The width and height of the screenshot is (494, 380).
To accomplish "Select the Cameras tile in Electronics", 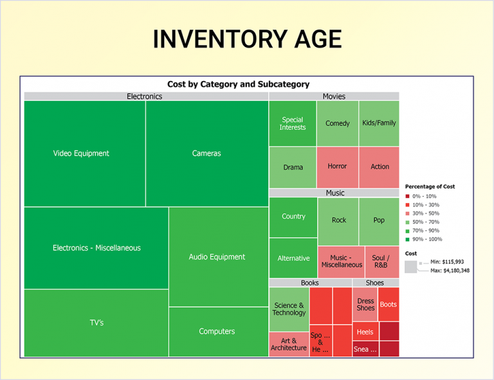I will point(206,154).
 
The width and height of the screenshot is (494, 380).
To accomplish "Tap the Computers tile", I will point(218,331).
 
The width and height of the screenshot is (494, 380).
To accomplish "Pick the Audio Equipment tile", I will point(218,257).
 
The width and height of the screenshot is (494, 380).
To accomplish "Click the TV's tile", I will point(96,323).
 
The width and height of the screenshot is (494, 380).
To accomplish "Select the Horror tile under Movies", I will point(337,167).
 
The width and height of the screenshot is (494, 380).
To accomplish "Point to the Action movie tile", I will point(380,167).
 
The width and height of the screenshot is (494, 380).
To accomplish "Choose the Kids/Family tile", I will point(379,123).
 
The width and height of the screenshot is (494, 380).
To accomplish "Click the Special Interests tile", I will point(293,123).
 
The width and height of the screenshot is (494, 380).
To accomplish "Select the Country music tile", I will point(293,217).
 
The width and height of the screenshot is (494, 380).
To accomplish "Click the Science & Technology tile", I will point(289,309).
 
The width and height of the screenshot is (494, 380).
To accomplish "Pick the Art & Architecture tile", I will point(289,344).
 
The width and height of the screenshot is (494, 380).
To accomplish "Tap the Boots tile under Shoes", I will point(389,304).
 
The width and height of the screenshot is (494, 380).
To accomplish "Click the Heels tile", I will point(365,332).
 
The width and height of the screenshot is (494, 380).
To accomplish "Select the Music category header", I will point(334,193).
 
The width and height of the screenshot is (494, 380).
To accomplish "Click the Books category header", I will point(309,283).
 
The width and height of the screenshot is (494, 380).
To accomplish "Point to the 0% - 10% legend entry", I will point(425,196).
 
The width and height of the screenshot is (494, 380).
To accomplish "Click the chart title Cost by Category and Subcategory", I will point(238,84).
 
